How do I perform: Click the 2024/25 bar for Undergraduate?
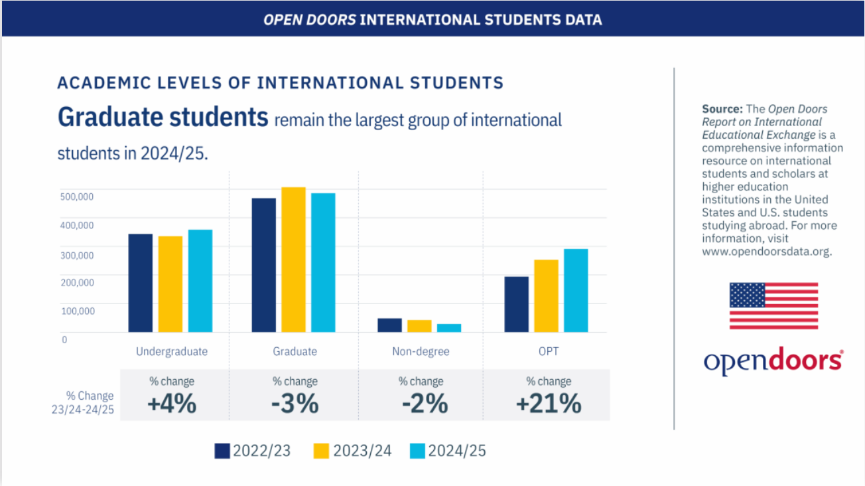click(x=200, y=281)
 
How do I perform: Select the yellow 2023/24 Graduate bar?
click(x=293, y=260)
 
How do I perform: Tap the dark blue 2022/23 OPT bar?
click(x=516, y=304)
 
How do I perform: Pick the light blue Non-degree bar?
click(x=448, y=328)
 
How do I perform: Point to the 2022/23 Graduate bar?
click(x=263, y=265)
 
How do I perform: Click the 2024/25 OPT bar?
click(x=575, y=290)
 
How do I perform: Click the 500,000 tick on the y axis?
click(x=76, y=196)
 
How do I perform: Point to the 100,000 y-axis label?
click(x=76, y=310)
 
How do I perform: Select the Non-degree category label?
click(x=421, y=351)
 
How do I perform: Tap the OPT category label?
click(x=549, y=351)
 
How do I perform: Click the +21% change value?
click(x=549, y=404)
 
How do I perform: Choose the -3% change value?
click(x=295, y=404)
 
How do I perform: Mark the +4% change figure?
click(x=172, y=404)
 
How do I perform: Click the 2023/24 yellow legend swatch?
click(x=321, y=451)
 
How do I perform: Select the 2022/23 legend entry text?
click(x=262, y=451)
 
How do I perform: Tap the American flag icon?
click(x=773, y=306)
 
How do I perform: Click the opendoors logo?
click(x=773, y=361)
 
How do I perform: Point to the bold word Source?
click(x=722, y=109)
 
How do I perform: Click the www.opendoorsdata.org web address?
click(x=766, y=252)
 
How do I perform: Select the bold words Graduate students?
click(x=163, y=118)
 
